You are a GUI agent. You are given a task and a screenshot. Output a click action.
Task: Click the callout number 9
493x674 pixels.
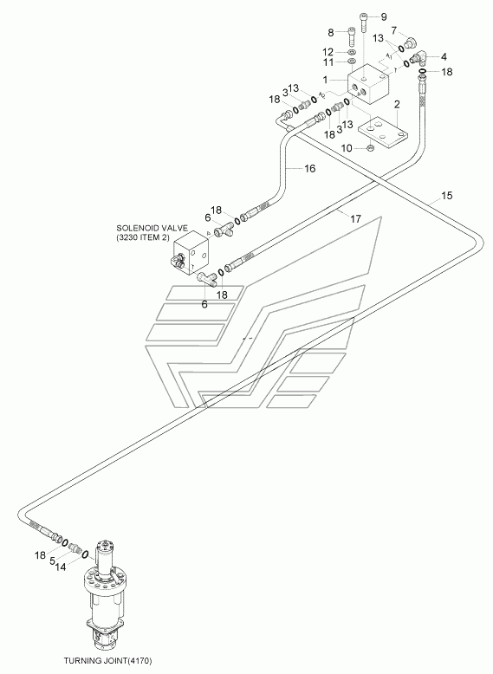pos(384,17)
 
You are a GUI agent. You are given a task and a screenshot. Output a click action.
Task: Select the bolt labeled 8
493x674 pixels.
pos(350,36)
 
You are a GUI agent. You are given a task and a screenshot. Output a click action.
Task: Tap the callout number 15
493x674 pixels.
pos(447,196)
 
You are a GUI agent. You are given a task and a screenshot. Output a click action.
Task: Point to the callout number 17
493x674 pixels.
pos(355,219)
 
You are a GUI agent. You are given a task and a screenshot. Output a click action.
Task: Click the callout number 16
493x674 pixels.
pos(310,168)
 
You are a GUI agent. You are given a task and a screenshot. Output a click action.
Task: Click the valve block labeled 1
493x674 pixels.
pos(368,84)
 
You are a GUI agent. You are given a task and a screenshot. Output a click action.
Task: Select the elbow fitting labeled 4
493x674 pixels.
pos(418,56)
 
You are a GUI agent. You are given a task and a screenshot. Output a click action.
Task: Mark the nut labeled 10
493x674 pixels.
pos(370,148)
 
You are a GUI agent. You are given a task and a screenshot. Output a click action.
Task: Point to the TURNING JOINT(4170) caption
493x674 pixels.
pos(108,660)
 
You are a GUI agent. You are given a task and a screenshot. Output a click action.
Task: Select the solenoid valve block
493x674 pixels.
pos(192,254)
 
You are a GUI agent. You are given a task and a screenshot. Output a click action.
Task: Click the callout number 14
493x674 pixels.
pos(61,567)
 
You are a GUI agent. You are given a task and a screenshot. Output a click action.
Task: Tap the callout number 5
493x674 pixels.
pos(52,561)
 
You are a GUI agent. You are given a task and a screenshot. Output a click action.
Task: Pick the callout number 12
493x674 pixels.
pos(328,52)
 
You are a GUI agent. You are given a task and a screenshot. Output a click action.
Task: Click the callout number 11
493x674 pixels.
pos(328,62)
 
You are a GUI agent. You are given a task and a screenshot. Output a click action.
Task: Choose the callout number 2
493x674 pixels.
pos(397,104)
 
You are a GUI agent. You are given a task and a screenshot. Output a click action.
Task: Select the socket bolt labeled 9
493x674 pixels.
pos(364,20)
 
